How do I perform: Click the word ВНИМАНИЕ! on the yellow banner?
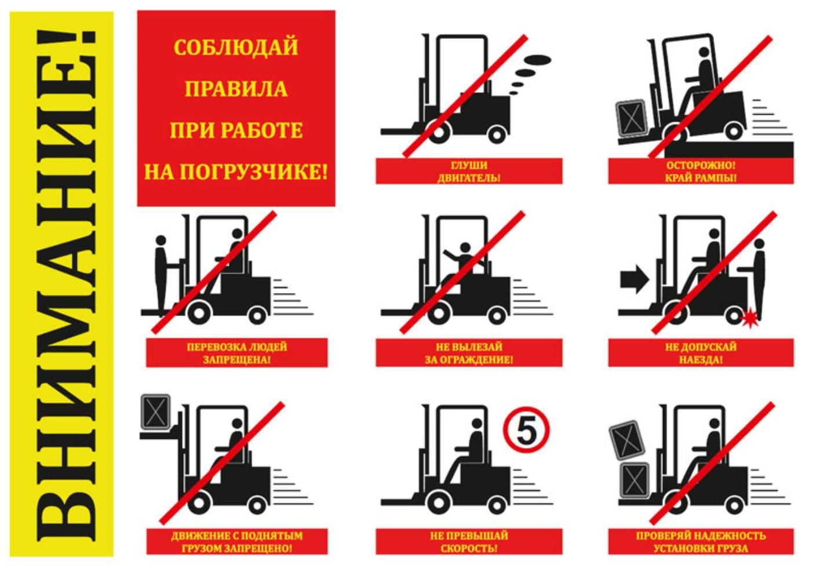pos(67,287)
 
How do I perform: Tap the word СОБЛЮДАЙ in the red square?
pos(236,48)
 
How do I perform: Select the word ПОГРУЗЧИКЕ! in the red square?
pos(254,172)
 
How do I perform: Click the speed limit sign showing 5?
pos(526,430)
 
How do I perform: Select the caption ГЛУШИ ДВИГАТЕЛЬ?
pos(469,172)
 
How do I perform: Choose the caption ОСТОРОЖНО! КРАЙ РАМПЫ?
pos(701,172)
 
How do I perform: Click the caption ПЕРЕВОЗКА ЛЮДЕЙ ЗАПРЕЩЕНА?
pos(237,353)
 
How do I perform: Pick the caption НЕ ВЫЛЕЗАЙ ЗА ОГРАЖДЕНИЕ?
pos(469,353)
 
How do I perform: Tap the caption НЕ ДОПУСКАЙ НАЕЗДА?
pos(701,353)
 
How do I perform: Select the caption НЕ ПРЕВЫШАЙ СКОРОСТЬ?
pos(469,542)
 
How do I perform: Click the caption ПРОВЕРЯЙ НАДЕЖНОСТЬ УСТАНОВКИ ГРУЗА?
pos(701,542)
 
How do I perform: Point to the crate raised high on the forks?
pos(155,412)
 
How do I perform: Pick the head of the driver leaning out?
pos(465,248)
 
